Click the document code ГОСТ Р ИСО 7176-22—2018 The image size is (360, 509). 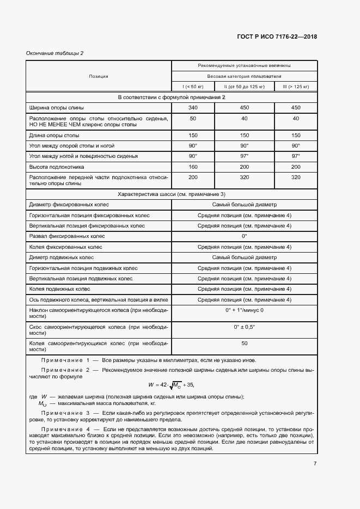tap(277, 37)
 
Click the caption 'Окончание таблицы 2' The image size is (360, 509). tap(55, 53)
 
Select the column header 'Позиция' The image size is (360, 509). tap(99, 76)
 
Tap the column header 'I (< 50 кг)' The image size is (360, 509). tap(193, 87)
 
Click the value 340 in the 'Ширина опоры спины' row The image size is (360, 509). tap(193, 108)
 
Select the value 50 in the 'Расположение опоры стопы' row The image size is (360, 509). tap(193, 119)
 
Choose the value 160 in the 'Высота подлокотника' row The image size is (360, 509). tap(193, 167)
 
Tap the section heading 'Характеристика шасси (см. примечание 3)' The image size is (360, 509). tap(172, 194)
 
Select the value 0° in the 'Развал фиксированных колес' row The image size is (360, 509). tap(244, 236)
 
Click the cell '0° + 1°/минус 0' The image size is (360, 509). tap(244, 310)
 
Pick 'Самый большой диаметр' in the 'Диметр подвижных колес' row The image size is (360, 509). tap(244, 257)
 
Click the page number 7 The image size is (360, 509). tap(314, 463)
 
